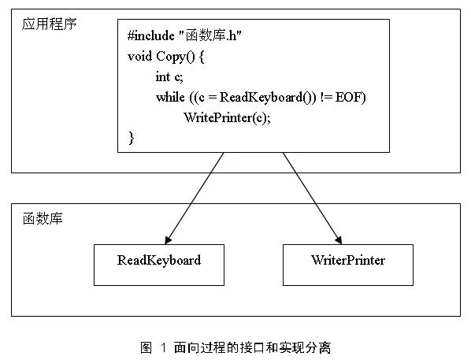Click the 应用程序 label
(x=50, y=24)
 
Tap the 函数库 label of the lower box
(x=43, y=218)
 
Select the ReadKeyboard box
(x=159, y=265)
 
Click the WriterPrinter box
(x=348, y=265)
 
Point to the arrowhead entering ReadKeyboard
(x=168, y=239)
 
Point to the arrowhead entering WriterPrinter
(x=339, y=239)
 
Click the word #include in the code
(x=150, y=35)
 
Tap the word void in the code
(x=139, y=56)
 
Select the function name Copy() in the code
(x=176, y=57)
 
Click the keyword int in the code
(x=163, y=77)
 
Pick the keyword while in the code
(x=170, y=97)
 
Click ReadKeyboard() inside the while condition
(x=268, y=98)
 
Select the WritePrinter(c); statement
(x=227, y=117)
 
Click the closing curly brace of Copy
(x=132, y=138)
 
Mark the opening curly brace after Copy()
(x=202, y=57)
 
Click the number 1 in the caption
(x=163, y=348)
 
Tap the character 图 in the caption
(x=146, y=348)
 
